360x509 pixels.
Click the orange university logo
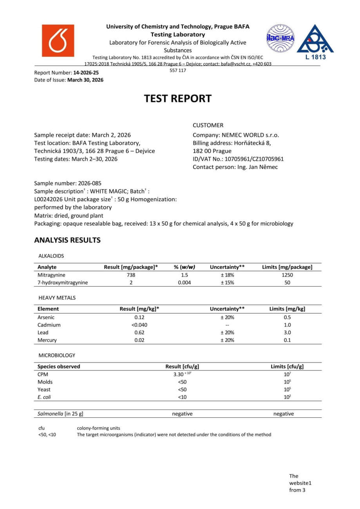point(58,41)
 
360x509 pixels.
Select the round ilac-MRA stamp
point(280,38)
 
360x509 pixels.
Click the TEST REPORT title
point(178,98)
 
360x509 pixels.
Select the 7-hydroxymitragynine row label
point(63,282)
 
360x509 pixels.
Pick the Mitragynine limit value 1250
point(287,275)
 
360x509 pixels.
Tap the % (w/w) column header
point(185,267)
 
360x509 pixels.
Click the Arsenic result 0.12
point(139,317)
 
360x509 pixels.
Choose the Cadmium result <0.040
point(139,325)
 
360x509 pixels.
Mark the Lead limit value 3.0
point(287,332)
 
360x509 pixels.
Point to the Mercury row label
point(47,340)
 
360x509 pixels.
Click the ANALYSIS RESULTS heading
point(67,240)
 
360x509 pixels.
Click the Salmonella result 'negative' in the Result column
point(182,413)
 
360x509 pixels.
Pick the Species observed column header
point(59,366)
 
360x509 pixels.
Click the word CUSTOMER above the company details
point(208,125)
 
